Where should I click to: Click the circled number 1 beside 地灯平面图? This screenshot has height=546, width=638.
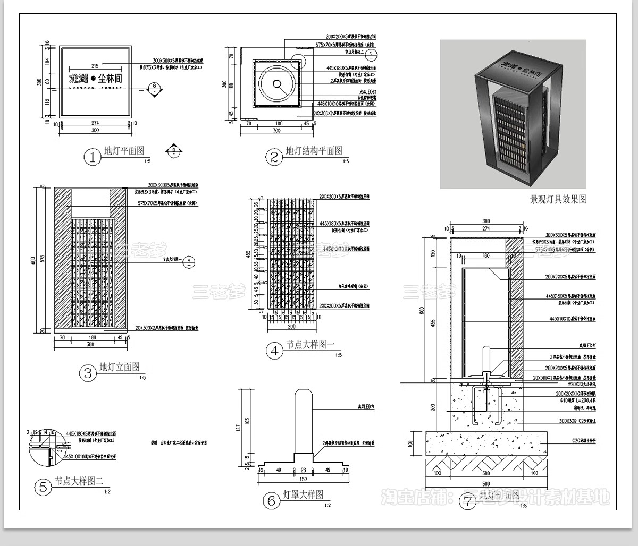[x=93, y=157]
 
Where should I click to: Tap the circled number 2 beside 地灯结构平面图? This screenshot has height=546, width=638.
[x=274, y=157]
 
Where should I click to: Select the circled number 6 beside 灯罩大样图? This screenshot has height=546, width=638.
[x=271, y=500]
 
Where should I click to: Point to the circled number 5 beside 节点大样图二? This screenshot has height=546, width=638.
[x=43, y=487]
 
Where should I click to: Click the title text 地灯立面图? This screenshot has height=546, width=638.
[x=120, y=368]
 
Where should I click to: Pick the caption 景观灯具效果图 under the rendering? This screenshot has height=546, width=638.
[x=558, y=200]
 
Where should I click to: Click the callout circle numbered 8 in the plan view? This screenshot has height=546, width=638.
[x=154, y=86]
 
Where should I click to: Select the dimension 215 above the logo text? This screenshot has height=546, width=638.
[x=96, y=66]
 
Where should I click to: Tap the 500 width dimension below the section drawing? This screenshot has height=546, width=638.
[x=486, y=483]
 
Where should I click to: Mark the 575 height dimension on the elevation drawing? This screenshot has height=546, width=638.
[x=45, y=260]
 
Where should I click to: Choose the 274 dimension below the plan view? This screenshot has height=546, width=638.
[x=96, y=123]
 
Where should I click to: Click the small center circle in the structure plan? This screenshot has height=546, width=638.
[x=278, y=83]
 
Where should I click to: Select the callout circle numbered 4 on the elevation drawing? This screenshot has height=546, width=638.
[x=191, y=260]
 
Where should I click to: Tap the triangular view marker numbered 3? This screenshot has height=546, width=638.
[x=174, y=151]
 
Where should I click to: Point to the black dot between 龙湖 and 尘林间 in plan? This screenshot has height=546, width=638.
[x=93, y=78]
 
